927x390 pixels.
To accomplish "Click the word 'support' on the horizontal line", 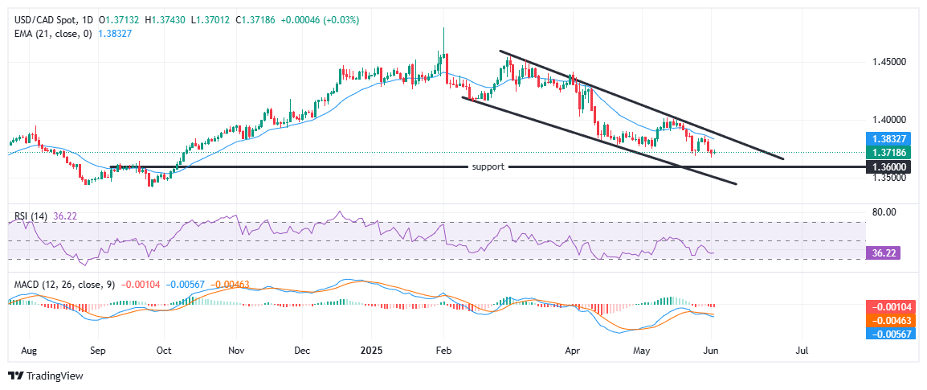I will point(488,167).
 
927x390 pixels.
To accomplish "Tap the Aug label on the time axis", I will point(28,351).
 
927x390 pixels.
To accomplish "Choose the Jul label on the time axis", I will point(801,351).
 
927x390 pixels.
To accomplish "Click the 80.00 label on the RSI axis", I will point(884,212).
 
